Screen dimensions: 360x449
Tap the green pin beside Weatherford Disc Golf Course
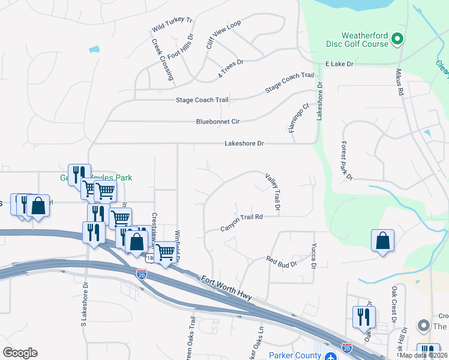(396, 40)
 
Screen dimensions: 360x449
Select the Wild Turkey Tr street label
(172, 25)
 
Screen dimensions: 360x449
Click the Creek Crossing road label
(163, 60)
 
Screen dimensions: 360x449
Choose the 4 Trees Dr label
(231, 68)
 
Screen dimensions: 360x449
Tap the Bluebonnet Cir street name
(218, 122)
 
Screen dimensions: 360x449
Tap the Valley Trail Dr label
(273, 192)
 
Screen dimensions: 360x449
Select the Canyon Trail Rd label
(242, 222)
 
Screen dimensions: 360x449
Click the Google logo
(20, 353)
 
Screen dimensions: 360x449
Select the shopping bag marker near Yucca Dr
(382, 241)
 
